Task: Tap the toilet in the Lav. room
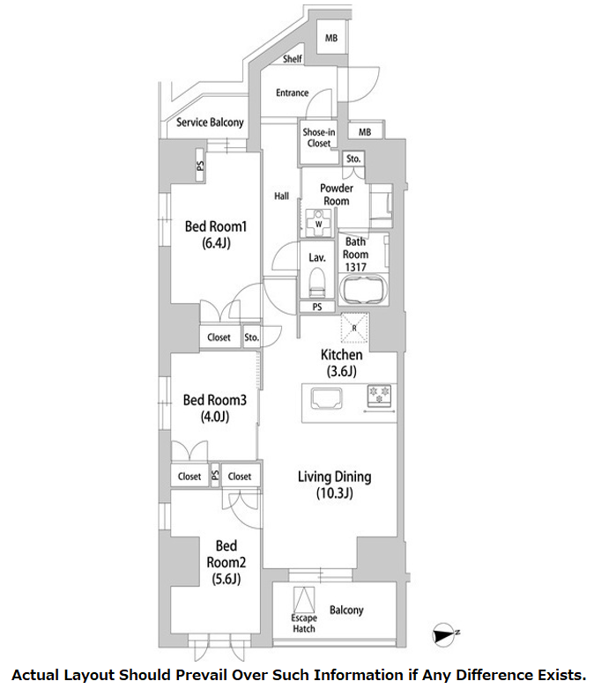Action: (317, 282)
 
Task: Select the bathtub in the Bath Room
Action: (363, 290)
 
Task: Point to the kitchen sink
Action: (327, 397)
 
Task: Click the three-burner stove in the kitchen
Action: (380, 396)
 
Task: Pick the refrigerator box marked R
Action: (354, 328)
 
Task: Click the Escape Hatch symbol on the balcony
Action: (304, 600)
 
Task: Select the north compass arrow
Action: (445, 634)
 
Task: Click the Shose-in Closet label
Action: (319, 137)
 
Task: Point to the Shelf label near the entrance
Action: (292, 59)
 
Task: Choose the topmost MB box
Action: (331, 38)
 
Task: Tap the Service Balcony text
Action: (210, 122)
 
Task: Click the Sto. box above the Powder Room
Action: (353, 159)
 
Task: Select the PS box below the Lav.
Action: (317, 307)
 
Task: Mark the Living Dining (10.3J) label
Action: (334, 485)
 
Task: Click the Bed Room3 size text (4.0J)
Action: (215, 417)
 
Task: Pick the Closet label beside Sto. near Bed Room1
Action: (219, 337)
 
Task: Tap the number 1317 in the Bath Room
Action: (355, 267)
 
